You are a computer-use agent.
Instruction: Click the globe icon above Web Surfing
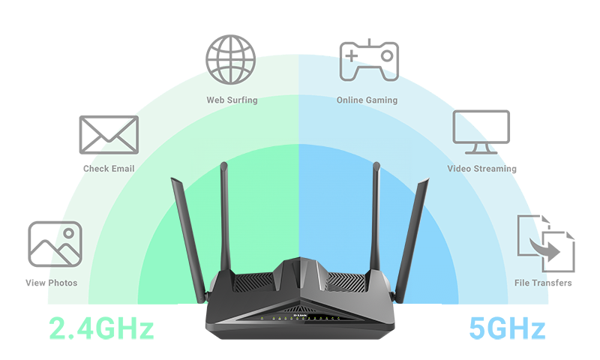(x=231, y=58)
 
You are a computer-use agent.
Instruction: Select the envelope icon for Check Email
(x=109, y=135)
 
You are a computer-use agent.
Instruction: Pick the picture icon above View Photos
(x=54, y=244)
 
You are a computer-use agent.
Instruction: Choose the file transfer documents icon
(x=545, y=244)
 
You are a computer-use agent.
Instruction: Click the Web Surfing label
(x=232, y=100)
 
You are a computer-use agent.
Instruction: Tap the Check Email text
(x=109, y=169)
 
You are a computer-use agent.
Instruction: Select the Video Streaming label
(x=481, y=169)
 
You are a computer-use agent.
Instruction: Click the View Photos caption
(x=51, y=283)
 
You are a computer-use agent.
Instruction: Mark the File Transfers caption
(x=543, y=283)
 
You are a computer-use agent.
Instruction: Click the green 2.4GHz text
(x=101, y=328)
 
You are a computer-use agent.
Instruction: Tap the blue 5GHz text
(x=506, y=328)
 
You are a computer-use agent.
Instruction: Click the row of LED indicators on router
(x=300, y=318)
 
